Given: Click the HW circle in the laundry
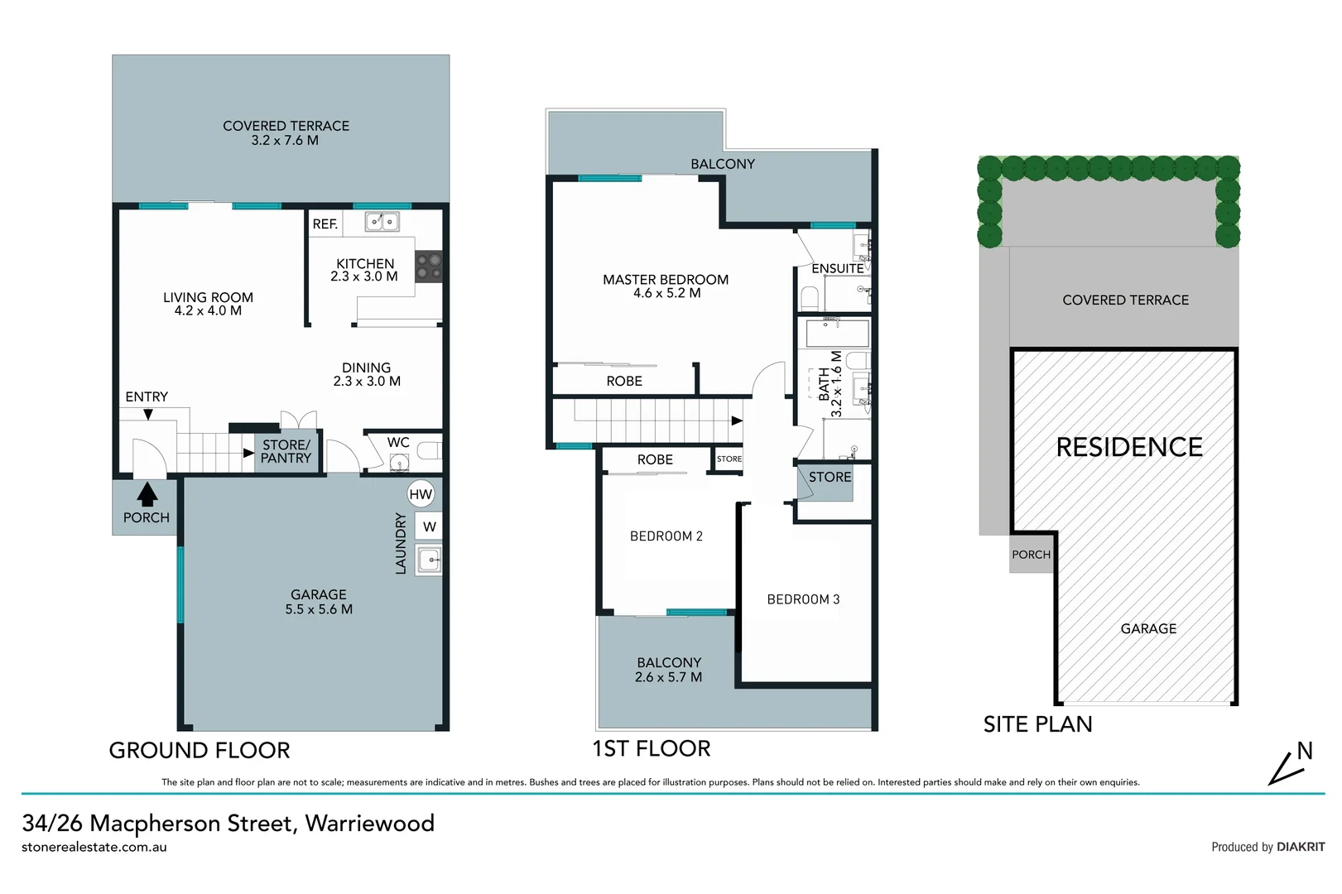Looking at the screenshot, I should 421,495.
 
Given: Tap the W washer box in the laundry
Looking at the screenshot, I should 429,526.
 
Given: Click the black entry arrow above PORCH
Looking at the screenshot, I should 147,494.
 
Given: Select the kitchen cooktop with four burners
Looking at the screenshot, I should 429,267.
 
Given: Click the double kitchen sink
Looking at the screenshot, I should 382,221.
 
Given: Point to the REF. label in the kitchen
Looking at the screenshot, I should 325,224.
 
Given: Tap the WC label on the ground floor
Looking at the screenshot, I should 398,443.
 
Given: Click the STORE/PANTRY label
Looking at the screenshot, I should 286,451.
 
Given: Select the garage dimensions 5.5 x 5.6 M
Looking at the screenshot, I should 319,609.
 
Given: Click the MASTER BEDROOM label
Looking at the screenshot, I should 666,280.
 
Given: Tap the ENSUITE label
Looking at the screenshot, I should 837,268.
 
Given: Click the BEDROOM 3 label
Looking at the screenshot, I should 803,599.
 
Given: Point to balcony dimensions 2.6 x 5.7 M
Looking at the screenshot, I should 668,677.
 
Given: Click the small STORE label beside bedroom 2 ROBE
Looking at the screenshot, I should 729,459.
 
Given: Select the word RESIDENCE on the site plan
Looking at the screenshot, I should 1129,447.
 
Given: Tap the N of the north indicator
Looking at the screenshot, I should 1305,751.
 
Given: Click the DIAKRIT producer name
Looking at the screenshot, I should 1301,847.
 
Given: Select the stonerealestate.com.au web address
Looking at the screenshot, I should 94,847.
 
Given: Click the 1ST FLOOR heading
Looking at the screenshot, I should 652,748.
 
